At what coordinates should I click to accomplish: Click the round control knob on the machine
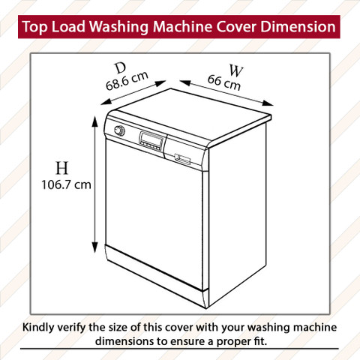pyautogui.click(x=119, y=130)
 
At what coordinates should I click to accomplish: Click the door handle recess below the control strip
pyautogui.click(x=182, y=159)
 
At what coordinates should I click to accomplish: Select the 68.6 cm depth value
pyautogui.click(x=127, y=81)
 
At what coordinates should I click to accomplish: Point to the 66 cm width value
pyautogui.click(x=224, y=82)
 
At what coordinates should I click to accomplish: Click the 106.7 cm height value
pyautogui.click(x=66, y=185)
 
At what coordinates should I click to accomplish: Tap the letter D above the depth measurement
pyautogui.click(x=121, y=68)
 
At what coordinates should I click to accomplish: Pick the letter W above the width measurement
pyautogui.click(x=235, y=70)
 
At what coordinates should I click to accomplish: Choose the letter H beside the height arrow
pyautogui.click(x=61, y=168)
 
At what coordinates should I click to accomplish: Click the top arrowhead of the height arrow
pyautogui.click(x=94, y=121)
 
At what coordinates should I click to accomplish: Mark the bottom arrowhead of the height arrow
pyautogui.click(x=94, y=247)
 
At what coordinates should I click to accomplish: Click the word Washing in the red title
pyautogui.click(x=119, y=27)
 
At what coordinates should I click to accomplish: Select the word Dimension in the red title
pyautogui.click(x=298, y=26)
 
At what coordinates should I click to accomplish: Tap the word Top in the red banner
pyautogui.click(x=34, y=27)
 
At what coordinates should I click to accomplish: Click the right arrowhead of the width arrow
pyautogui.click(x=268, y=103)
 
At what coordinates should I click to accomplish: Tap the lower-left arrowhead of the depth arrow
pyautogui.click(x=106, y=102)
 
